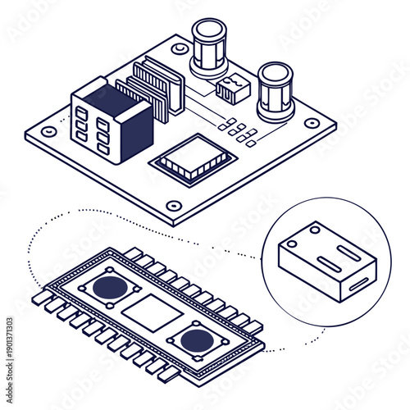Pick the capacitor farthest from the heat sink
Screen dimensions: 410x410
275,90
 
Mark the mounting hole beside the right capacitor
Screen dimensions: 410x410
312,124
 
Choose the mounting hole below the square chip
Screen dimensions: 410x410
172,206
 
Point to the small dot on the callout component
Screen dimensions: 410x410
293,244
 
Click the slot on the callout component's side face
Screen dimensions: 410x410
358,287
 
